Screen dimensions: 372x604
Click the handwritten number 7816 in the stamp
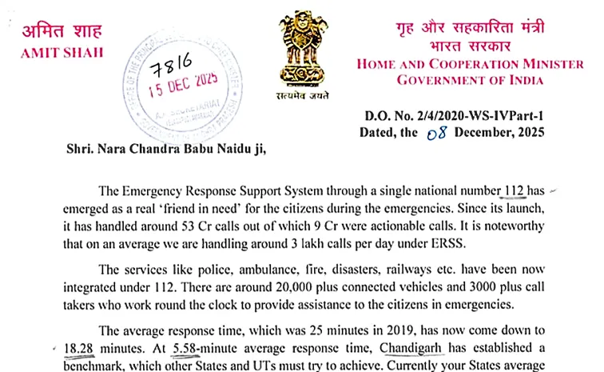(x=174, y=71)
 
